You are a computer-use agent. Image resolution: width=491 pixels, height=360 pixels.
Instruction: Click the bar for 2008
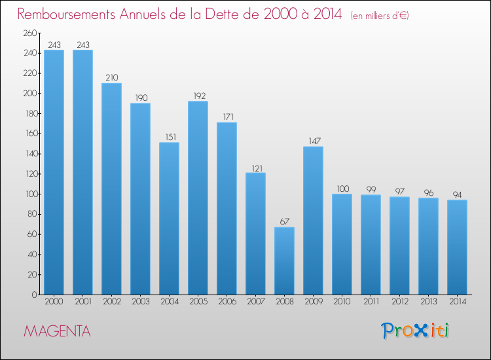click(x=284, y=261)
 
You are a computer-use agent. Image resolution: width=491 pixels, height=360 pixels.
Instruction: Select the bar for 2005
click(x=198, y=198)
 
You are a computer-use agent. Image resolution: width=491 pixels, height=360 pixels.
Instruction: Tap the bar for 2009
click(x=313, y=221)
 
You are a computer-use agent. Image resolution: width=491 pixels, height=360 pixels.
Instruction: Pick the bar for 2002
click(x=111, y=189)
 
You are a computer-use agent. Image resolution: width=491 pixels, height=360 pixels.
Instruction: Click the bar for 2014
click(x=457, y=247)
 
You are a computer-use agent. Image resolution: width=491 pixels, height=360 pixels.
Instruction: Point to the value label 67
click(x=284, y=222)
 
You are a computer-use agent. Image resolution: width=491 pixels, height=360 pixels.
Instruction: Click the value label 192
click(x=200, y=96)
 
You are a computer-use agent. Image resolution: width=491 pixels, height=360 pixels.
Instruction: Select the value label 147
click(x=314, y=141)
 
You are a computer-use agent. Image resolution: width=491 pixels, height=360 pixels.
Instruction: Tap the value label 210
click(x=112, y=78)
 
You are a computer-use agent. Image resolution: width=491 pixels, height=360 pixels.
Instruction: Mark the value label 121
click(x=257, y=168)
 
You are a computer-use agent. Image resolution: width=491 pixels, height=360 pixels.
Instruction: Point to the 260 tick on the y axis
click(x=29, y=33)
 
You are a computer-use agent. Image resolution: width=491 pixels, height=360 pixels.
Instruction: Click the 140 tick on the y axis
click(x=31, y=154)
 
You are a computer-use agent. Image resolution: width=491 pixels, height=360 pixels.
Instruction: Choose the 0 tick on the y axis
click(x=34, y=295)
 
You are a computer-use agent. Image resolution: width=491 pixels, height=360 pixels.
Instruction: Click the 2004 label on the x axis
click(x=170, y=302)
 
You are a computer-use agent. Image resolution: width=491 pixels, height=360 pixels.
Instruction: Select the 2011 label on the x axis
click(x=371, y=302)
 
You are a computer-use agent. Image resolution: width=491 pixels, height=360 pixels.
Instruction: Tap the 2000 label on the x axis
click(x=54, y=302)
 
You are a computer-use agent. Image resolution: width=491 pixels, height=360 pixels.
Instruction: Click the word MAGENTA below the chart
click(x=58, y=331)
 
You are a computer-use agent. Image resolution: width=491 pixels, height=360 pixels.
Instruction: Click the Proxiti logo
click(x=415, y=331)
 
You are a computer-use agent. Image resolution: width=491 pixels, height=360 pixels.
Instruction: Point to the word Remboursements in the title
click(x=66, y=14)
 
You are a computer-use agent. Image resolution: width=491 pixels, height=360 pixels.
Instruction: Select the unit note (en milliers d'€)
click(x=380, y=16)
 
